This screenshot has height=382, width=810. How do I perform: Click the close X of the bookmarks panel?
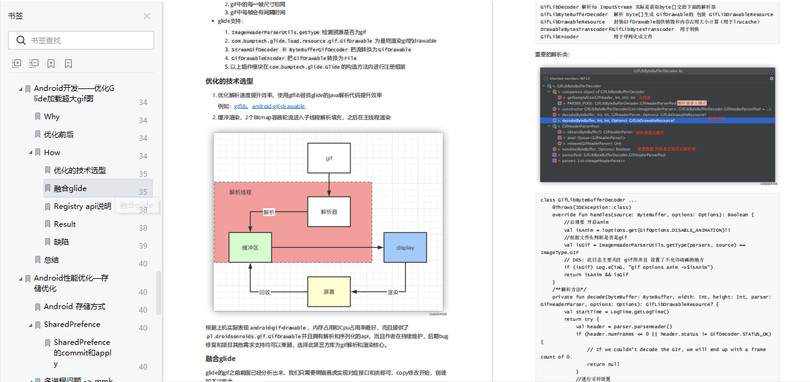click(147, 16)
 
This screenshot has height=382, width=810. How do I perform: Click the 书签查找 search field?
click(87, 40)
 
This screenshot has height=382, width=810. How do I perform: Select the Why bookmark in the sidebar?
click(51, 116)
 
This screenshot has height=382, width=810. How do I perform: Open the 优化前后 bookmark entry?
click(58, 134)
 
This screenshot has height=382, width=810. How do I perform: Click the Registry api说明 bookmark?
click(82, 206)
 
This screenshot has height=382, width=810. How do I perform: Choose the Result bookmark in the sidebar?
click(64, 224)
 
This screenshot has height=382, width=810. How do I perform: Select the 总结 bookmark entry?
click(51, 260)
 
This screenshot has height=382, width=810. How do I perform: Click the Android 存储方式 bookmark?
click(74, 306)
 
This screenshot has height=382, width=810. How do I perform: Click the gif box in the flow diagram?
click(329, 158)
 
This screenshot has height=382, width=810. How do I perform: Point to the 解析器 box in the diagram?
click(329, 211)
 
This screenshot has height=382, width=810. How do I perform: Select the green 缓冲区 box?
click(250, 247)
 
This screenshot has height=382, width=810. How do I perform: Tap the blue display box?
click(405, 247)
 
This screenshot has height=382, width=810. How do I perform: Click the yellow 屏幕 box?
click(329, 292)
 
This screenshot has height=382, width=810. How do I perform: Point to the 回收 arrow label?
click(264, 292)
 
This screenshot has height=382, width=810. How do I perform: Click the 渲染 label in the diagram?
click(393, 292)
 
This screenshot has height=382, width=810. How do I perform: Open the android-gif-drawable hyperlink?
click(278, 106)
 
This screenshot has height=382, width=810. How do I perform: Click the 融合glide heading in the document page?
click(220, 359)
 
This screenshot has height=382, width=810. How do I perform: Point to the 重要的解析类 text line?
click(552, 54)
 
